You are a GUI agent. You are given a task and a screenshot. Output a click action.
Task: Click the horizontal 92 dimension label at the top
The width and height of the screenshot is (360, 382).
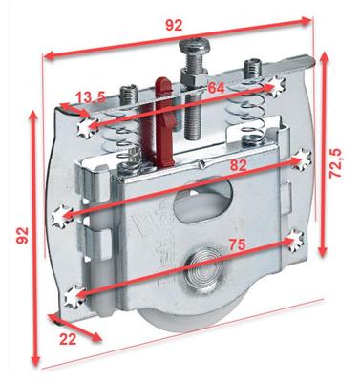174,25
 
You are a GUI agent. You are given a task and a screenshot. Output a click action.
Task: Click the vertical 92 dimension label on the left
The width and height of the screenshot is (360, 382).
23,236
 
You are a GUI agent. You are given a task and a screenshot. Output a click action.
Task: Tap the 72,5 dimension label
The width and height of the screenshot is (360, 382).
335,163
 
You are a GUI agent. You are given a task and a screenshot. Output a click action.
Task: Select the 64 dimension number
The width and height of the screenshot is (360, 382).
216,88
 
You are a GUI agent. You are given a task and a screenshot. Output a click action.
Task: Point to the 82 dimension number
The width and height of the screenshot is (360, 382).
238,165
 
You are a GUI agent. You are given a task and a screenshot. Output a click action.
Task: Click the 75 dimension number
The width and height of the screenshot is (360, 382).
237,244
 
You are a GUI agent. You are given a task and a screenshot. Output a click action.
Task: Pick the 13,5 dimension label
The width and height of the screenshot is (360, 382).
91,98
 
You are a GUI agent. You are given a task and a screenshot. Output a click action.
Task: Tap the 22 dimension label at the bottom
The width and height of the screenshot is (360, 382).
68,339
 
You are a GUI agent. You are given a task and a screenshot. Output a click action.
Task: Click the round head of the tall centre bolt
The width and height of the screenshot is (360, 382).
192,46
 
